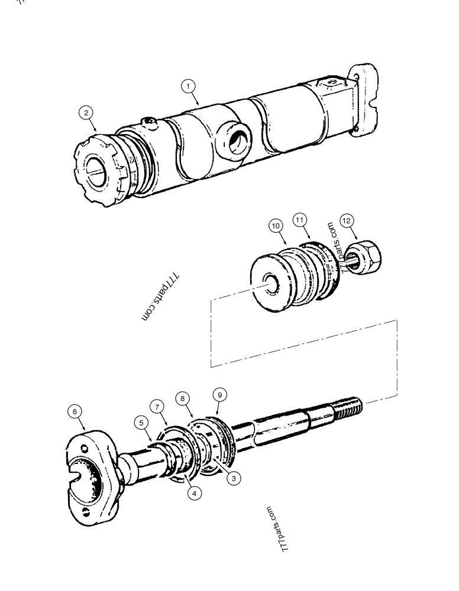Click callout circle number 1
[189, 87]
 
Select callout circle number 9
[218, 394]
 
